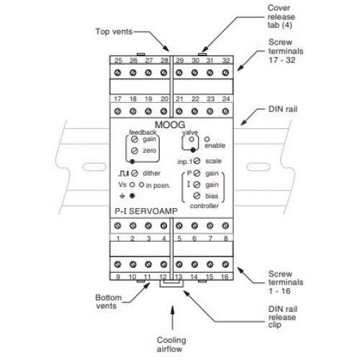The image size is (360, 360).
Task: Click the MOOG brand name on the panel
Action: click(x=170, y=125)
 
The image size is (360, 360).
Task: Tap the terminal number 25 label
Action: click(x=118, y=60)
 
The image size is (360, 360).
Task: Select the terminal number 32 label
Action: click(x=225, y=60)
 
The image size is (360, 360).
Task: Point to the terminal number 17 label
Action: click(x=117, y=99)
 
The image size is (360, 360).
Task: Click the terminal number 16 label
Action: click(x=225, y=277)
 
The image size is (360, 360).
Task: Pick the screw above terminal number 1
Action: click(x=117, y=225)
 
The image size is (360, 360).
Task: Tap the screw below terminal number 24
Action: click(x=225, y=111)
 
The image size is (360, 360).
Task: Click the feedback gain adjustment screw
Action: click(x=135, y=139)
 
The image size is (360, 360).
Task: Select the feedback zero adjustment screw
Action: click(x=135, y=150)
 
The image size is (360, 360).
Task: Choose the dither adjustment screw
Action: click(x=135, y=174)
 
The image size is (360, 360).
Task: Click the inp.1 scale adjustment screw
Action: click(x=197, y=161)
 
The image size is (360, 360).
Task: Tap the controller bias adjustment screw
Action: click(x=197, y=196)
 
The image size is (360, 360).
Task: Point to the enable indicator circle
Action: click(x=207, y=139)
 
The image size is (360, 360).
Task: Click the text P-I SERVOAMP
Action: click(x=146, y=211)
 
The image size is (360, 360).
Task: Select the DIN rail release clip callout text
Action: click(x=282, y=317)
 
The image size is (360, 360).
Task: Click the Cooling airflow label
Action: click(x=171, y=344)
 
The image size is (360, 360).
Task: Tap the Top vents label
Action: click(x=114, y=32)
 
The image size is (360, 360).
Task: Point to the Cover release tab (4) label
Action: click(x=282, y=17)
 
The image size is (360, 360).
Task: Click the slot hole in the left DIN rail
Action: click(x=94, y=167)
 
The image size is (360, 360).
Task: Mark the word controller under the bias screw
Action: click(x=204, y=206)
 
